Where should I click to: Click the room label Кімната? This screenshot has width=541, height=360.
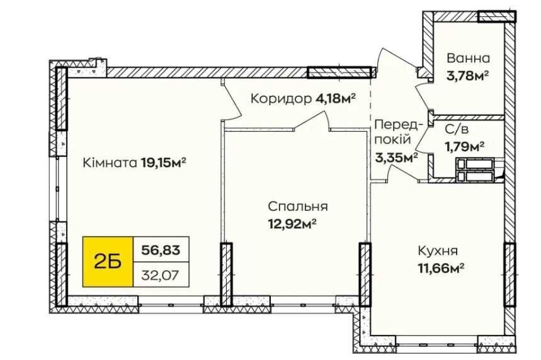(x=110, y=162)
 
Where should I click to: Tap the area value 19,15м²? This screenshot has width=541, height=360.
(x=164, y=162)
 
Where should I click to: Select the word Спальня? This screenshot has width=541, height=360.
(x=298, y=206)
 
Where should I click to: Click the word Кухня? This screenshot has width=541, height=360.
(x=438, y=250)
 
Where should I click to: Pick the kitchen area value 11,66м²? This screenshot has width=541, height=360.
(x=441, y=268)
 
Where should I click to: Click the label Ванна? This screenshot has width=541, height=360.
(x=468, y=58)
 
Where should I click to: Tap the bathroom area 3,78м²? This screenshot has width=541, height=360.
(x=467, y=76)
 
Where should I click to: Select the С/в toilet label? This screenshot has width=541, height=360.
(x=457, y=130)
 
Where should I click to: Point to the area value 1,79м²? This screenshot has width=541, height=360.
(x=464, y=147)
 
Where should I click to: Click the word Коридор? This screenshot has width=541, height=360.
(x=281, y=99)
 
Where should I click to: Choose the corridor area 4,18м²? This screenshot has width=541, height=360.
(x=335, y=99)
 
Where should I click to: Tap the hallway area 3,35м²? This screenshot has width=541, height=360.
(x=396, y=158)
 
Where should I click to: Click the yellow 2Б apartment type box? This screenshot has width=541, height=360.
(x=108, y=262)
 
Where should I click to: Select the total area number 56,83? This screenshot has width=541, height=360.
(x=161, y=250)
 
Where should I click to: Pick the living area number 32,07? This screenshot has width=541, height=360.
(x=160, y=275)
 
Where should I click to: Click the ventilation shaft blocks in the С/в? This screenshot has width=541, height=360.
(x=476, y=170)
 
